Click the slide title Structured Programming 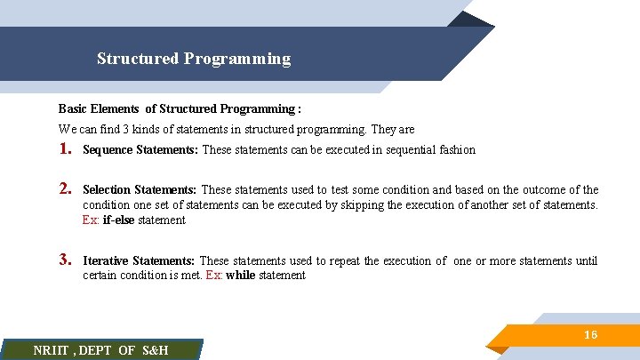tap(194, 60)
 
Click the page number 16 tap(590, 334)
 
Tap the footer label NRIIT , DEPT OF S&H tap(100, 350)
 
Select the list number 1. tap(65, 149)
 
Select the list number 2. tap(65, 189)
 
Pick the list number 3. tap(65, 260)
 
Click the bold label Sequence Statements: tap(140, 150)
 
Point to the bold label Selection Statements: tap(140, 190)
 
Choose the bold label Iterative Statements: tap(139, 261)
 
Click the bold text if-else tap(120, 220)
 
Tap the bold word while tap(241, 276)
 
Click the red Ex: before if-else tap(91, 220)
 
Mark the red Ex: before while tap(214, 276)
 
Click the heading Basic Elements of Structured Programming tap(180, 109)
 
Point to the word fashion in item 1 tap(457, 150)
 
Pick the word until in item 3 tap(586, 261)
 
